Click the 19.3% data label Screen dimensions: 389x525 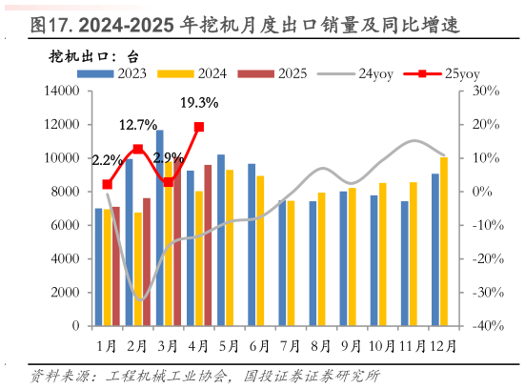[x=199, y=103]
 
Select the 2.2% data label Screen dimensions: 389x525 [x=107, y=159]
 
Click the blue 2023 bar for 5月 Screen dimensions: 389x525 [x=220, y=239]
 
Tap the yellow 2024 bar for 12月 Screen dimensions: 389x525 [x=444, y=241]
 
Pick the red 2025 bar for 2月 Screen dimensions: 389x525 [x=146, y=261]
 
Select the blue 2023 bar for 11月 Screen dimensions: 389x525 [x=404, y=263]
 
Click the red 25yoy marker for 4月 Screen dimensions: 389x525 [x=199, y=126]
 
